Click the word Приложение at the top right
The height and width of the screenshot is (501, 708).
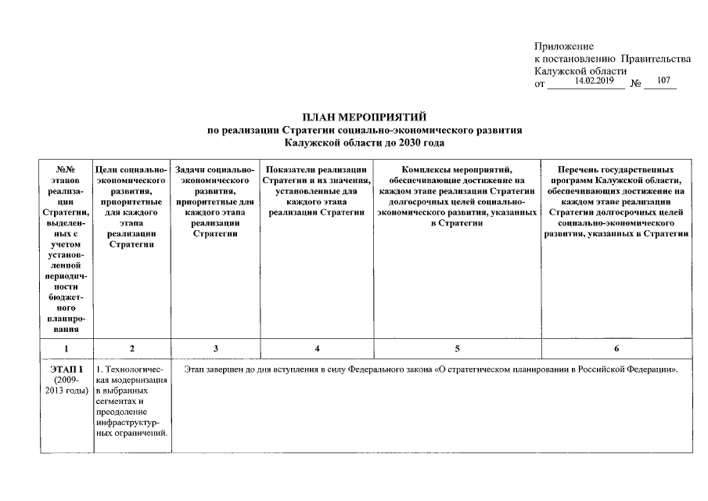(x=564, y=47)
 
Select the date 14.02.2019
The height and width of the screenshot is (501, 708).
(x=594, y=81)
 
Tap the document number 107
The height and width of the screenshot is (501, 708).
(x=663, y=81)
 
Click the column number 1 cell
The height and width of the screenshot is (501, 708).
(x=66, y=348)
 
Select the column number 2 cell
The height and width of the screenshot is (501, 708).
(x=131, y=348)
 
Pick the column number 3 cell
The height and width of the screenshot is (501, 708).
(x=215, y=348)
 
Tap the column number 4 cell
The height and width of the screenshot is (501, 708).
(x=316, y=348)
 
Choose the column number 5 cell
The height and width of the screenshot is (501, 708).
(x=456, y=348)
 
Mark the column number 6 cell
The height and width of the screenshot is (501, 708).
(x=616, y=348)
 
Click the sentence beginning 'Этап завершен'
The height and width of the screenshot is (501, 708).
(x=430, y=369)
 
